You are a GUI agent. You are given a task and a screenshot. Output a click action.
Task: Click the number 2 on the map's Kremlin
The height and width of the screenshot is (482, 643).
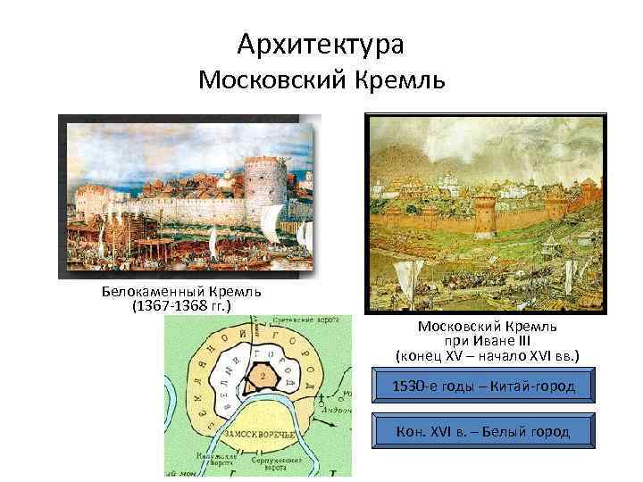[262, 377]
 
